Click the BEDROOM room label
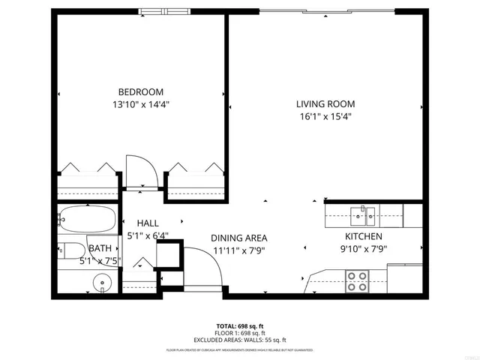[141, 92]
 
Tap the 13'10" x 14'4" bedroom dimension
[141, 105]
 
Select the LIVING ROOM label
[325, 104]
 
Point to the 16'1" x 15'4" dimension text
[325, 116]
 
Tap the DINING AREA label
[238, 236]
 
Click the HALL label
[147, 223]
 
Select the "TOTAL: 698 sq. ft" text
[240, 325]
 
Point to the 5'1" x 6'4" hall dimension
[147, 235]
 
